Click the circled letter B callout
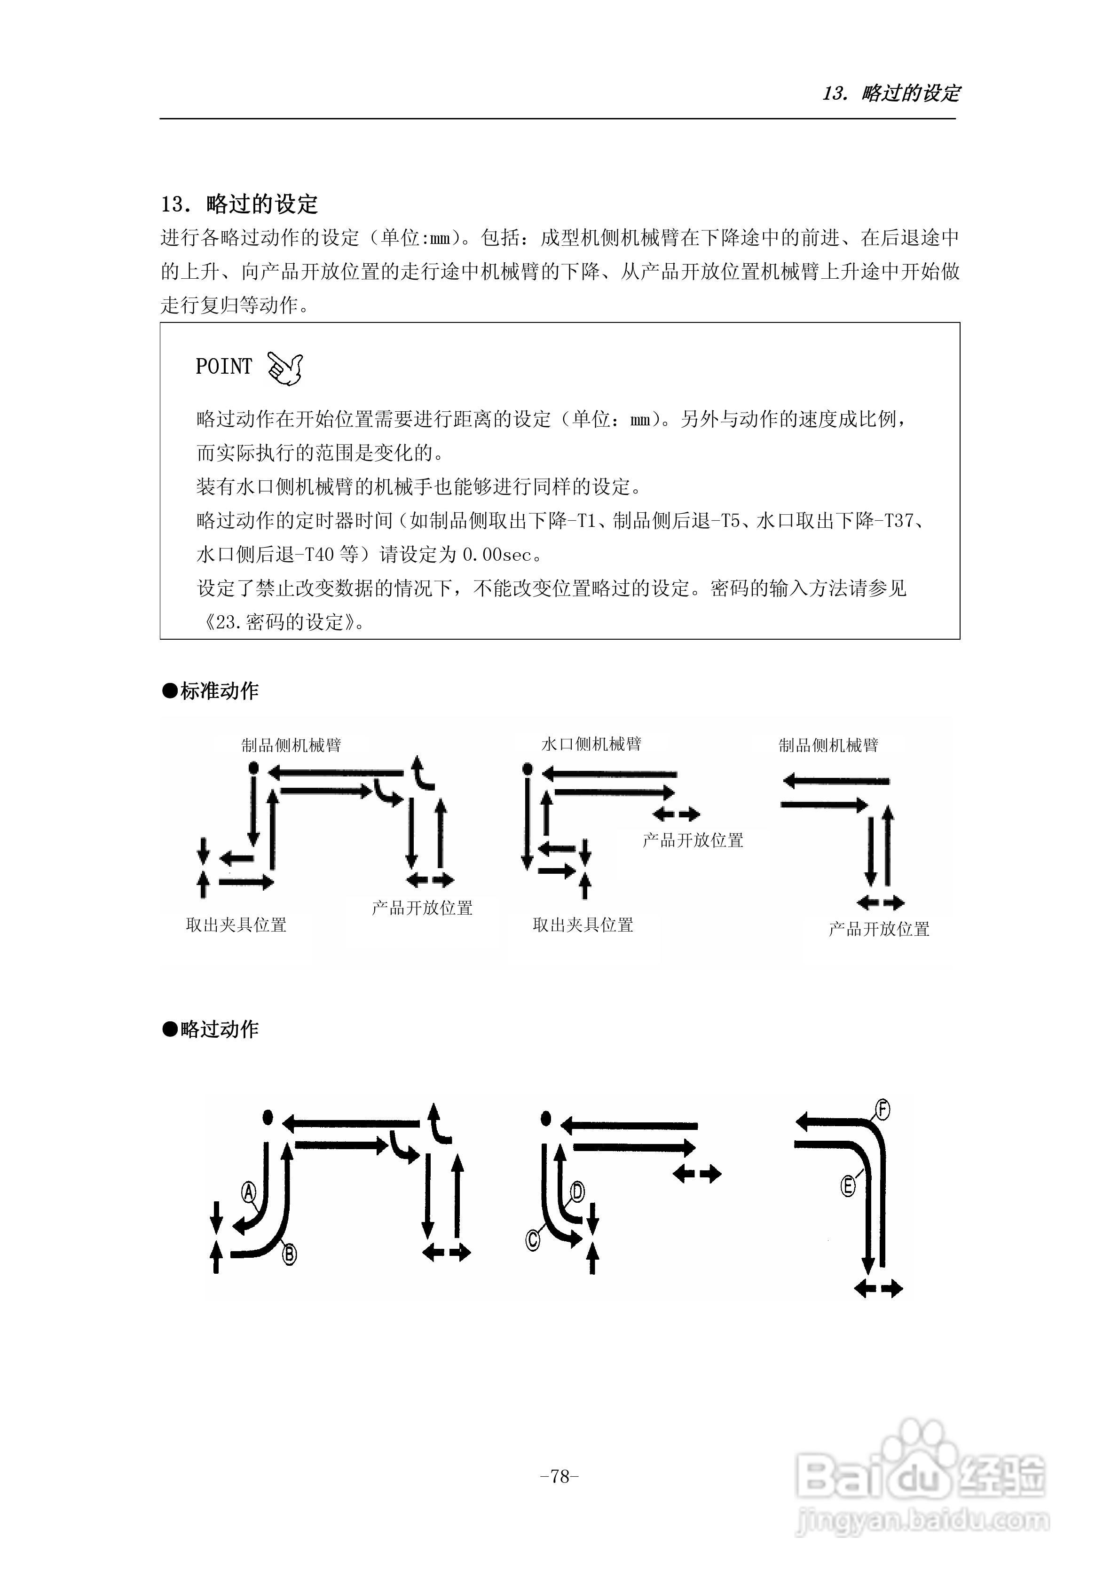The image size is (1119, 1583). point(290,1255)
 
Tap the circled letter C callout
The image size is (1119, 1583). point(533,1240)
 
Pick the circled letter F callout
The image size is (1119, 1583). point(883,1110)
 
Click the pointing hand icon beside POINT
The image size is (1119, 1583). point(285,368)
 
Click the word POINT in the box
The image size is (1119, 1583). point(223,367)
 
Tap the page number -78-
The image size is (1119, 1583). point(559,1476)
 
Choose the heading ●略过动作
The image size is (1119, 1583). point(211,1029)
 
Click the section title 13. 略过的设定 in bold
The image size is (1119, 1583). point(239,204)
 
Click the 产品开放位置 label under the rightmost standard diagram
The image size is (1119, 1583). point(879,929)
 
